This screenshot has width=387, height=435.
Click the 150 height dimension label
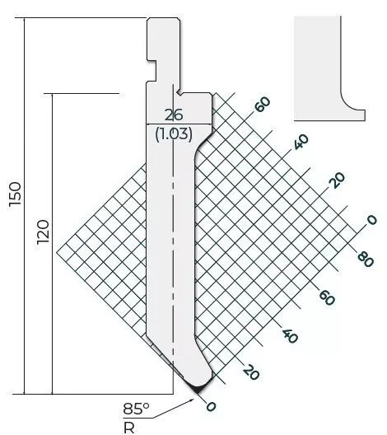point(16,194)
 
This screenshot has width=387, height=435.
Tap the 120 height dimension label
point(43,232)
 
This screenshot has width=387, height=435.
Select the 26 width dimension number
point(174,115)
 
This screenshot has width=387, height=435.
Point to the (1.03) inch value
point(174,134)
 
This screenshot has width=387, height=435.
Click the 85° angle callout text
point(136,408)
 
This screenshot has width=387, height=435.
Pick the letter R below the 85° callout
point(128,428)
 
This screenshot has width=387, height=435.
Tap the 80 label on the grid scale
point(366,260)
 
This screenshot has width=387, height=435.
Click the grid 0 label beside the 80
point(371,220)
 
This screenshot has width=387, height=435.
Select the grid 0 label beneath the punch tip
point(211,406)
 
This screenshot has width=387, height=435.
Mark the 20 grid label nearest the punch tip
point(251,372)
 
